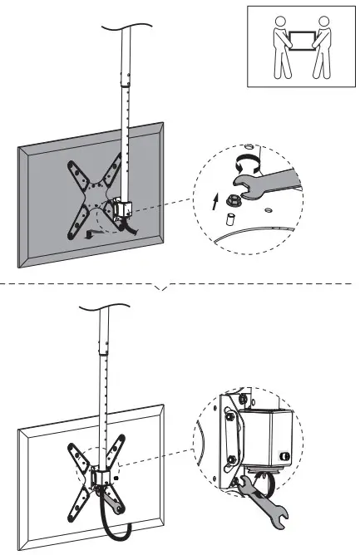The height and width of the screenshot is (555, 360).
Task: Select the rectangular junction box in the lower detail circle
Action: coord(265,435)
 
